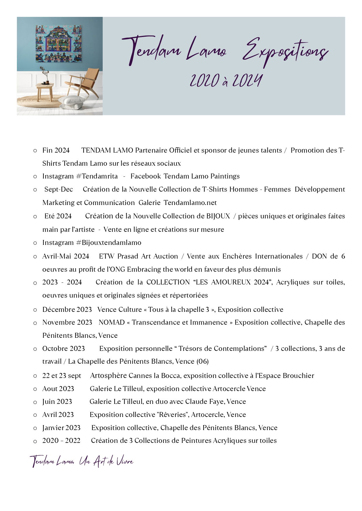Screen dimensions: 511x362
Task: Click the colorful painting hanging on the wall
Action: coord(59,43)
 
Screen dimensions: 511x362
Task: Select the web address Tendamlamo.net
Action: coord(190,203)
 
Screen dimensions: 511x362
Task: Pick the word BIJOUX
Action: coord(218,216)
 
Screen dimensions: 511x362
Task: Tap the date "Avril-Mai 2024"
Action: coord(66,256)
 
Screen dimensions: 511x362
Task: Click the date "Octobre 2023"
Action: coord(64,349)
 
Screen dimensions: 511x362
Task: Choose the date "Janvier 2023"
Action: coord(61,428)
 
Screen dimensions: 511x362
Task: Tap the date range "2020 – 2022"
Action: coord(61,441)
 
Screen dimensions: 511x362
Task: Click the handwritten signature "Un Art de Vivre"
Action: coord(106,462)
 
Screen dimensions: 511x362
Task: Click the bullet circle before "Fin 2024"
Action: coord(35,151)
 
